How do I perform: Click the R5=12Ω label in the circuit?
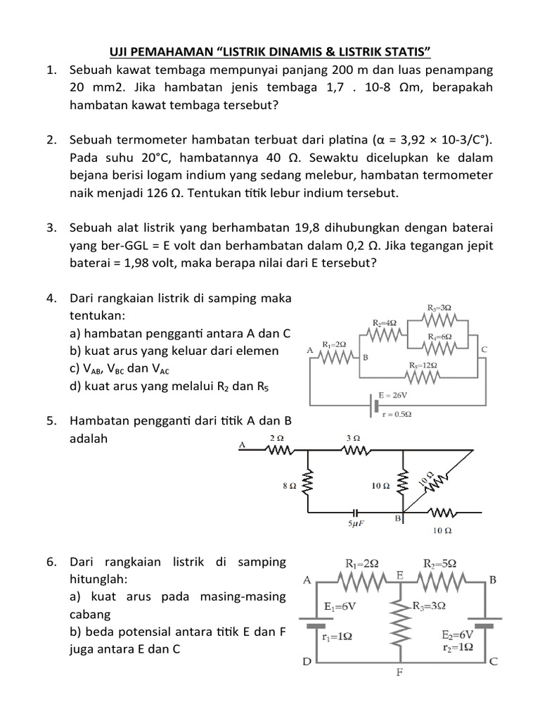[x=423, y=365]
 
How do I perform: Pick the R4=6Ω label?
[x=439, y=337]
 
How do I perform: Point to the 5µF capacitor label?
[x=356, y=525]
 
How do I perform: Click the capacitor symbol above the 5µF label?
[x=356, y=511]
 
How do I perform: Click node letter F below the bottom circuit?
[x=399, y=671]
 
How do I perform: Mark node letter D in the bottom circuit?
[x=307, y=662]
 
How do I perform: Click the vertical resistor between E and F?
[x=399, y=621]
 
